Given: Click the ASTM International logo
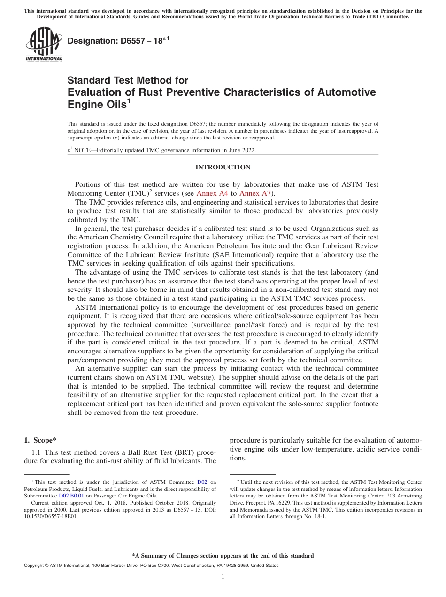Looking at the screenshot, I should [x=44, y=44].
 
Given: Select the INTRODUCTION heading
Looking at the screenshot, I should [x=223, y=168].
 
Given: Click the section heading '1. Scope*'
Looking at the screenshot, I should [x=40, y=440].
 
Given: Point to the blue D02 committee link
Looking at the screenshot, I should [x=202, y=482].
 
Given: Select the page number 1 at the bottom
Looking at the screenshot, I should [x=223, y=577].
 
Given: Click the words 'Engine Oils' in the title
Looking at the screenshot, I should [x=96, y=104].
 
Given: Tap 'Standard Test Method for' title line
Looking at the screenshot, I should [x=128, y=80].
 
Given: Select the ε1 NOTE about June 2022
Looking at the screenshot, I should [x=162, y=150].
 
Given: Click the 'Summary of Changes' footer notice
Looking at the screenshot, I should [x=223, y=556].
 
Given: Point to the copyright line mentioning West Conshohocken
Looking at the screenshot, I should [x=151, y=566].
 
